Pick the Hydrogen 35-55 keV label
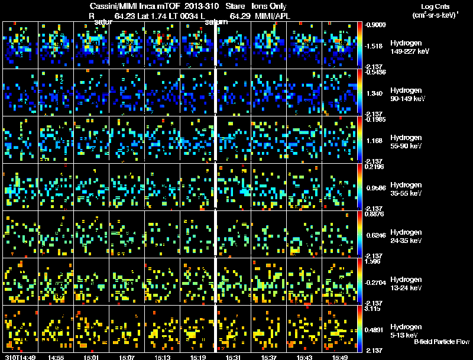(406, 189)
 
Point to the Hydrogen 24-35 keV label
(406, 236)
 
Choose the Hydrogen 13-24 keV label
(406, 284)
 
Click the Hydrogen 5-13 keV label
(405, 330)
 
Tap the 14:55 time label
(56, 357)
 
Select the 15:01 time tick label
(92, 357)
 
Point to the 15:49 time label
(340, 357)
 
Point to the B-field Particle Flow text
(441, 342)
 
